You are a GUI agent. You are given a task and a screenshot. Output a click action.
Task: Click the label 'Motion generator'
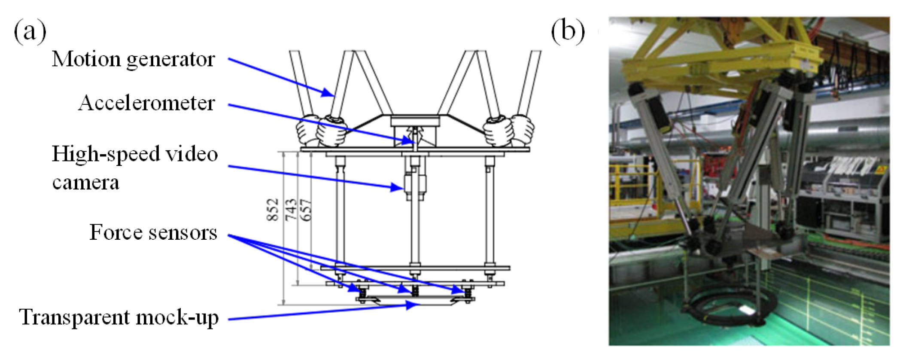coord(133,59)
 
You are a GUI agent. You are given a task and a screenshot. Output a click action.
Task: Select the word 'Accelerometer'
coord(146,103)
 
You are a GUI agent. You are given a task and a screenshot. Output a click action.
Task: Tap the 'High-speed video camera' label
coord(134,168)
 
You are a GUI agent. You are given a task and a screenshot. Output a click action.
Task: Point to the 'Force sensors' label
coord(153,232)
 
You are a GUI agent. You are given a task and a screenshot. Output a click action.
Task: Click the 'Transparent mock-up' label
coord(119,317)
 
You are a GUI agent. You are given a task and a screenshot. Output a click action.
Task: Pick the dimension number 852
coord(273,210)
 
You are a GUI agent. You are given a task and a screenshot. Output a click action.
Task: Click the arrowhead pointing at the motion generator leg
coord(328,93)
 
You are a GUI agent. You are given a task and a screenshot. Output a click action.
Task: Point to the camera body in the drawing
coord(414,186)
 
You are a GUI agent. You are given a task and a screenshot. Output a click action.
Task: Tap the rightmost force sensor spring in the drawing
coord(468,292)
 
